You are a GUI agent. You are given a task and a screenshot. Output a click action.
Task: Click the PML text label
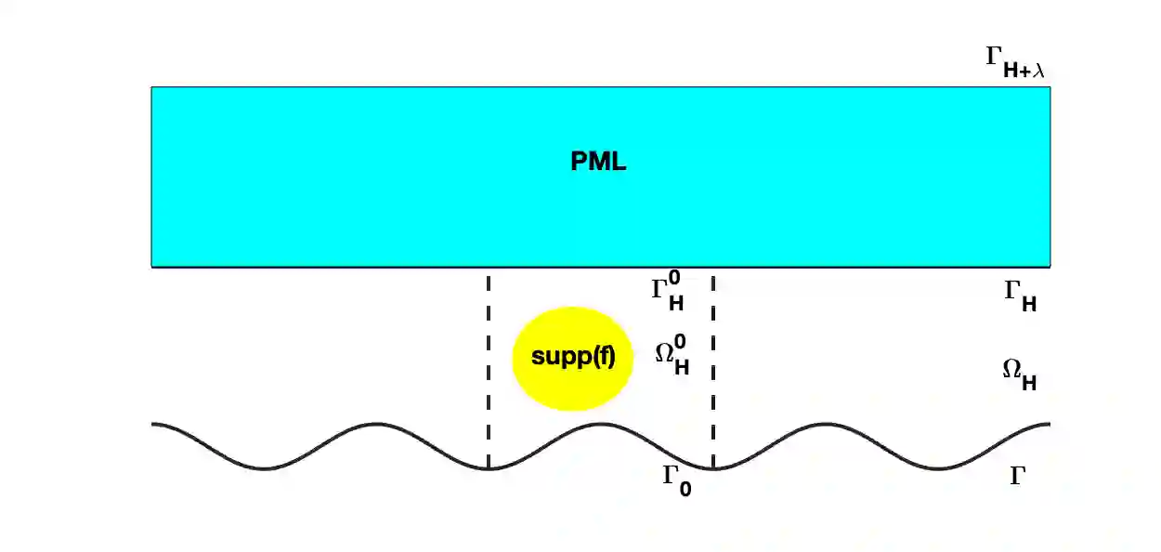click(598, 162)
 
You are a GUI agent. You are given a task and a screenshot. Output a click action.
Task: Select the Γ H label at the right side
click(1020, 296)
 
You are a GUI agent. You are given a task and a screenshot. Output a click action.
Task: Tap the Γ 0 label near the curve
click(676, 480)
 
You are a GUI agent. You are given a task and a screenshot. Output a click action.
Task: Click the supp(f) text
click(573, 357)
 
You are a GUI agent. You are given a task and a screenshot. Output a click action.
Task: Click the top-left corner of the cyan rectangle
click(152, 87)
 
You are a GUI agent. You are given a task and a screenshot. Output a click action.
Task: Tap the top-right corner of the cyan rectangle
click(1050, 87)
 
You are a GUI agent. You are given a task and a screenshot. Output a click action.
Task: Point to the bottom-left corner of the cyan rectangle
click(152, 267)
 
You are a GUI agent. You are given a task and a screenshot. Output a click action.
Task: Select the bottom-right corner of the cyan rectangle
click(1050, 267)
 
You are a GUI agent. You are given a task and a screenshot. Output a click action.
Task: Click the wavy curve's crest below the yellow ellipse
click(600, 425)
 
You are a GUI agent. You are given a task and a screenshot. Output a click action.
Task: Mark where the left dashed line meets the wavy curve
click(489, 468)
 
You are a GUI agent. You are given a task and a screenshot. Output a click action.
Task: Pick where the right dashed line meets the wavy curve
click(712, 468)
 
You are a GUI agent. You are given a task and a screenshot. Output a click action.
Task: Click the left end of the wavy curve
click(153, 425)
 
